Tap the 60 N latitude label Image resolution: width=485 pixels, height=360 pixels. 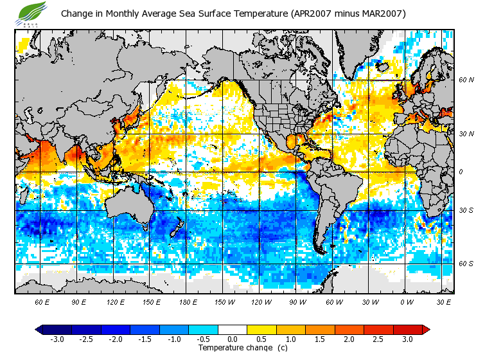pos(466,80)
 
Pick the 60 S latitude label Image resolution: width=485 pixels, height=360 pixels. pos(466,264)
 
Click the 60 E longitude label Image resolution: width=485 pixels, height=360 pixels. pos(42,301)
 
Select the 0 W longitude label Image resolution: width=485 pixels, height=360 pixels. pos(406,301)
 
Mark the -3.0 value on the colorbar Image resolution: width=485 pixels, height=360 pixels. pos(57,339)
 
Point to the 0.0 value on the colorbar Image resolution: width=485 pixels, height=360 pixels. pos(233,339)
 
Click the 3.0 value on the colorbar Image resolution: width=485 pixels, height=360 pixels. pos(408,339)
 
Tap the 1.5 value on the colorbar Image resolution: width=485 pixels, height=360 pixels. pos(320,339)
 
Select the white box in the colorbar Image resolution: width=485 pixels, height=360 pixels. pos(233,329)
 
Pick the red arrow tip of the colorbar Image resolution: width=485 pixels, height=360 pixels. pos(426,329)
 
